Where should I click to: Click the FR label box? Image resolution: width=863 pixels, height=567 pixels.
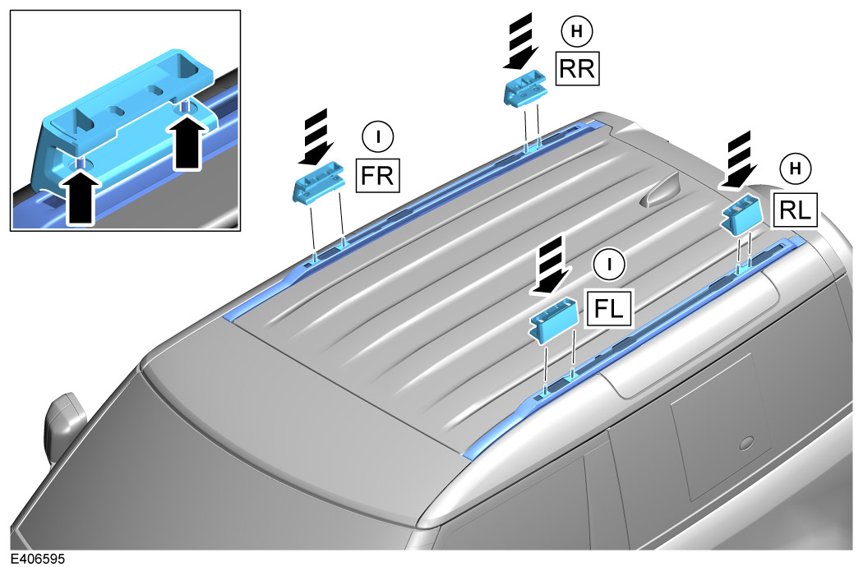click(x=375, y=174)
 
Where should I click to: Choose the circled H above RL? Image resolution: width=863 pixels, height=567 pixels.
click(x=794, y=168)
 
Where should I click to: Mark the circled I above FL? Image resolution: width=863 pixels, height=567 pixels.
click(x=608, y=264)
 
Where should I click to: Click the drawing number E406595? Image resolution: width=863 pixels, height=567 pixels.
click(x=33, y=559)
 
